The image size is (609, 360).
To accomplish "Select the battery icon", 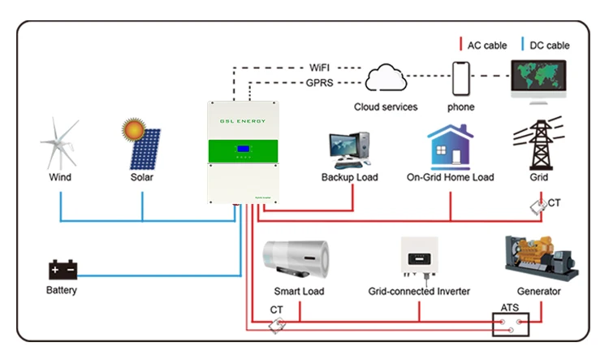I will click(62, 269).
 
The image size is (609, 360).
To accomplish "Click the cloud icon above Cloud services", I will click(386, 80).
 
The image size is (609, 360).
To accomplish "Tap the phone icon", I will click(461, 80).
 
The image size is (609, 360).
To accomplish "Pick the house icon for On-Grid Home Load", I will click(450, 146).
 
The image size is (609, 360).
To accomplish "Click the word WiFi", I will click(321, 67).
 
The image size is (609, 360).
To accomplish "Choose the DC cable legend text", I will click(550, 46).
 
